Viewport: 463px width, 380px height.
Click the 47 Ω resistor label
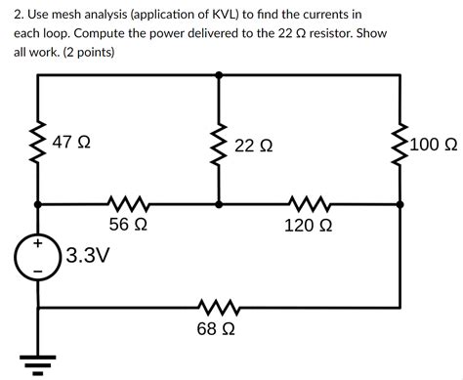[x=72, y=143]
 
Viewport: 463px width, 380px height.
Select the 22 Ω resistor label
[x=254, y=146]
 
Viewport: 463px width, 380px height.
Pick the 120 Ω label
[x=308, y=225]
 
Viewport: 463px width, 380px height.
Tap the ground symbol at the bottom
[x=38, y=365]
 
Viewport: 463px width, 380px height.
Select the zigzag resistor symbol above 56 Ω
[x=128, y=205]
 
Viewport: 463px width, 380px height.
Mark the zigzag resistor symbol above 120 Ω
[x=308, y=205]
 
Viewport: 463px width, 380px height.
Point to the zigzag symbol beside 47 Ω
[x=38, y=143]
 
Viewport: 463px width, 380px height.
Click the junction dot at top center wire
[x=218, y=74]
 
